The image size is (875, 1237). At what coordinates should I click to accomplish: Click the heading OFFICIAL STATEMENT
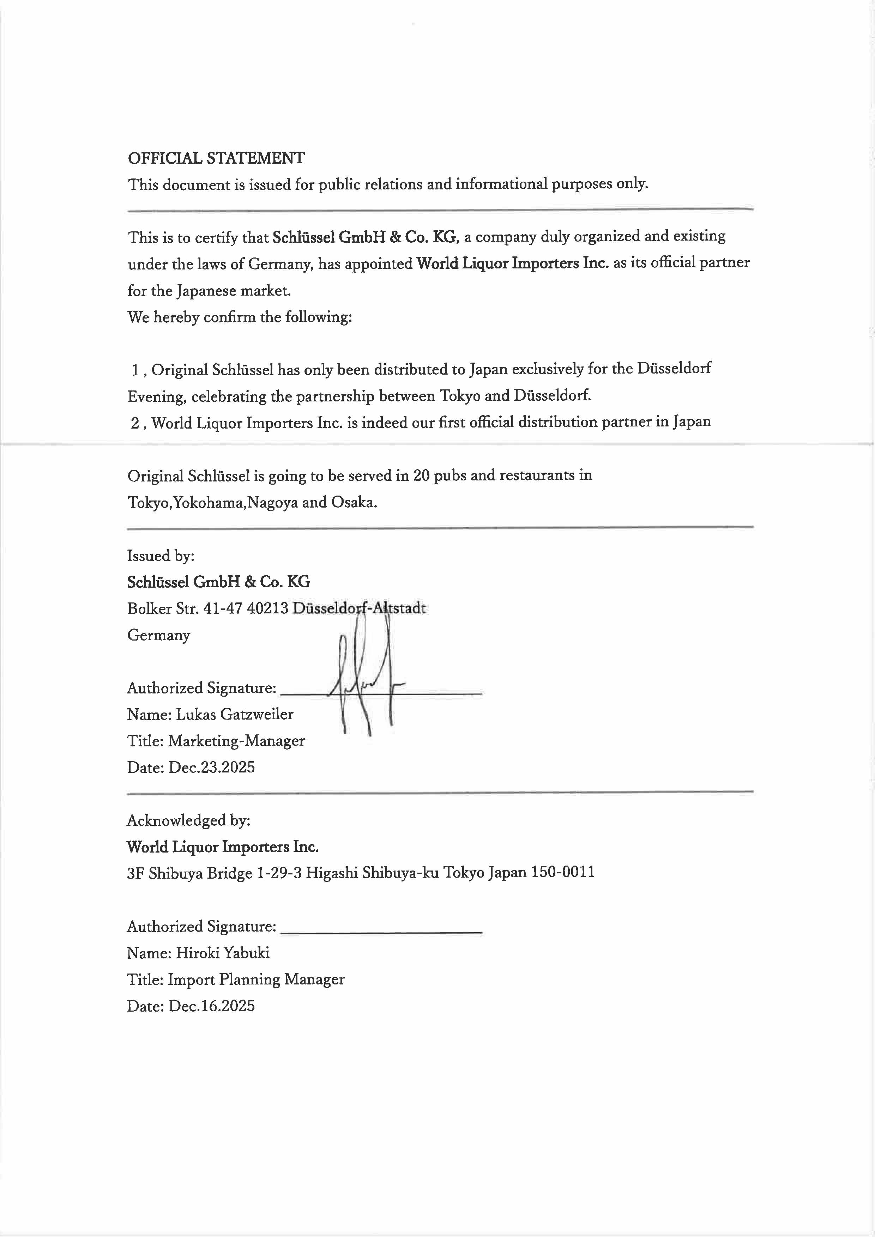pyautogui.click(x=216, y=158)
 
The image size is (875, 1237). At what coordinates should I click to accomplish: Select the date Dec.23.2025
pyautogui.click(x=211, y=767)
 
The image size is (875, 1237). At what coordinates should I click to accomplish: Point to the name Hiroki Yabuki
pyautogui.click(x=223, y=953)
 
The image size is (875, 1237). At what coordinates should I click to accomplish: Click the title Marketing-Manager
pyautogui.click(x=236, y=741)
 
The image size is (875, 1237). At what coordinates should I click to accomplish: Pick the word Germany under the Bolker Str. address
pyautogui.click(x=158, y=635)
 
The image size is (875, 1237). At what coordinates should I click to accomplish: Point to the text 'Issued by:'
pyautogui.click(x=161, y=556)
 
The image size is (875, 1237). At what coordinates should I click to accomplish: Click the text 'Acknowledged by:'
pyautogui.click(x=188, y=820)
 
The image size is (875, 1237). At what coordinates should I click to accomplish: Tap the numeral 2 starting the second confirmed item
pyautogui.click(x=135, y=423)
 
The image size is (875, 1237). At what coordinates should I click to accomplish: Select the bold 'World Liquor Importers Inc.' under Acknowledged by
pyautogui.click(x=223, y=847)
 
